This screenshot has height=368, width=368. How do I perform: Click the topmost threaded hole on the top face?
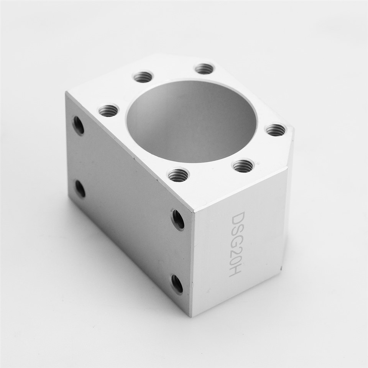point(205,69)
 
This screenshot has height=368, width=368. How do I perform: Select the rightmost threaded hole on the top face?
point(276,129)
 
